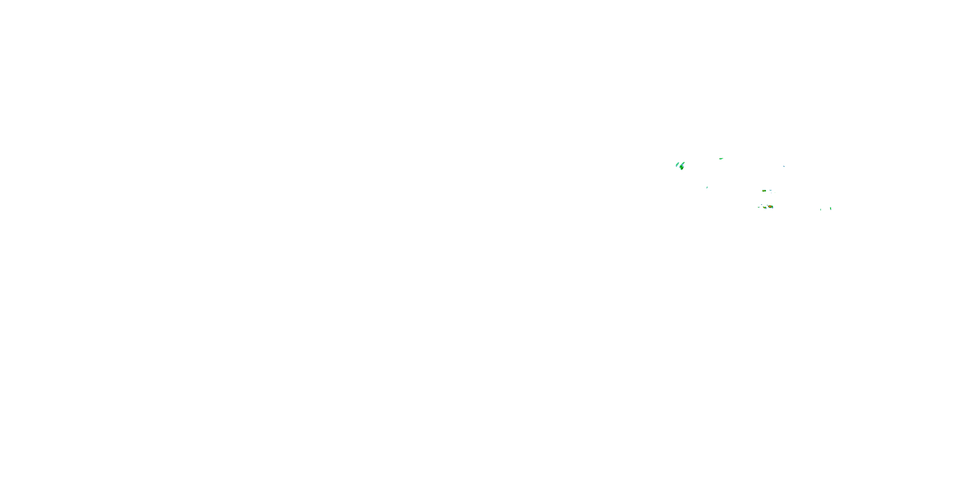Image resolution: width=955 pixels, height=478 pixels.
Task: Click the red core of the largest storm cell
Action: pyautogui.click(x=770, y=206)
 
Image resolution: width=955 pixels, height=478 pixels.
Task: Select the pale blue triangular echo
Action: pyautogui.click(x=771, y=190)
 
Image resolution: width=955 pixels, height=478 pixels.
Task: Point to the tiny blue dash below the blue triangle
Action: pyautogui.click(x=772, y=193)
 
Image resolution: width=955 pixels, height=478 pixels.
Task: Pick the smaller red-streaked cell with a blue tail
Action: pyautogui.click(x=764, y=208)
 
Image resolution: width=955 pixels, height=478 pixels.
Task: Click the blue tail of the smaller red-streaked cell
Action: pyautogui.click(x=766, y=209)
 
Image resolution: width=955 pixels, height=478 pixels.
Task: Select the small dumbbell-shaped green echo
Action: pyautogui.click(x=759, y=207)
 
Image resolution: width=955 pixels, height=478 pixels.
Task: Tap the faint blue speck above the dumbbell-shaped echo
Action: pyautogui.click(x=761, y=205)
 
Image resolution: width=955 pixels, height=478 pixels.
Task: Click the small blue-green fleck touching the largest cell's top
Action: pyautogui.click(x=768, y=205)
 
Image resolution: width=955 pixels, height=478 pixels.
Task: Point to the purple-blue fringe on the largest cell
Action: pyautogui.click(x=773, y=208)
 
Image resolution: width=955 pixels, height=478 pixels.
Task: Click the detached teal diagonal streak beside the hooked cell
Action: pyautogui.click(x=678, y=164)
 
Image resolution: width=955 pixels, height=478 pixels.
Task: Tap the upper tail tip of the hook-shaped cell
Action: pyautogui.click(x=684, y=162)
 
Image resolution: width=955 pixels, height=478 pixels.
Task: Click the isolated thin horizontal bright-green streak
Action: pyautogui.click(x=721, y=158)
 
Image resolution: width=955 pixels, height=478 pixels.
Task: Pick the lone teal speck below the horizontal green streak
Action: pyautogui.click(x=707, y=187)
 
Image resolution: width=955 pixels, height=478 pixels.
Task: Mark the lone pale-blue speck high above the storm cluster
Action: pyautogui.click(x=784, y=166)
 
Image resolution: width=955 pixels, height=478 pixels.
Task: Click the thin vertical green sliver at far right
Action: pyautogui.click(x=821, y=210)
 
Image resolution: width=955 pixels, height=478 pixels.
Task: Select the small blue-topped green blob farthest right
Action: pyautogui.click(x=831, y=209)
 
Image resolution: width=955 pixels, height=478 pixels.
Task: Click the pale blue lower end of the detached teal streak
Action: pyautogui.click(x=676, y=166)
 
